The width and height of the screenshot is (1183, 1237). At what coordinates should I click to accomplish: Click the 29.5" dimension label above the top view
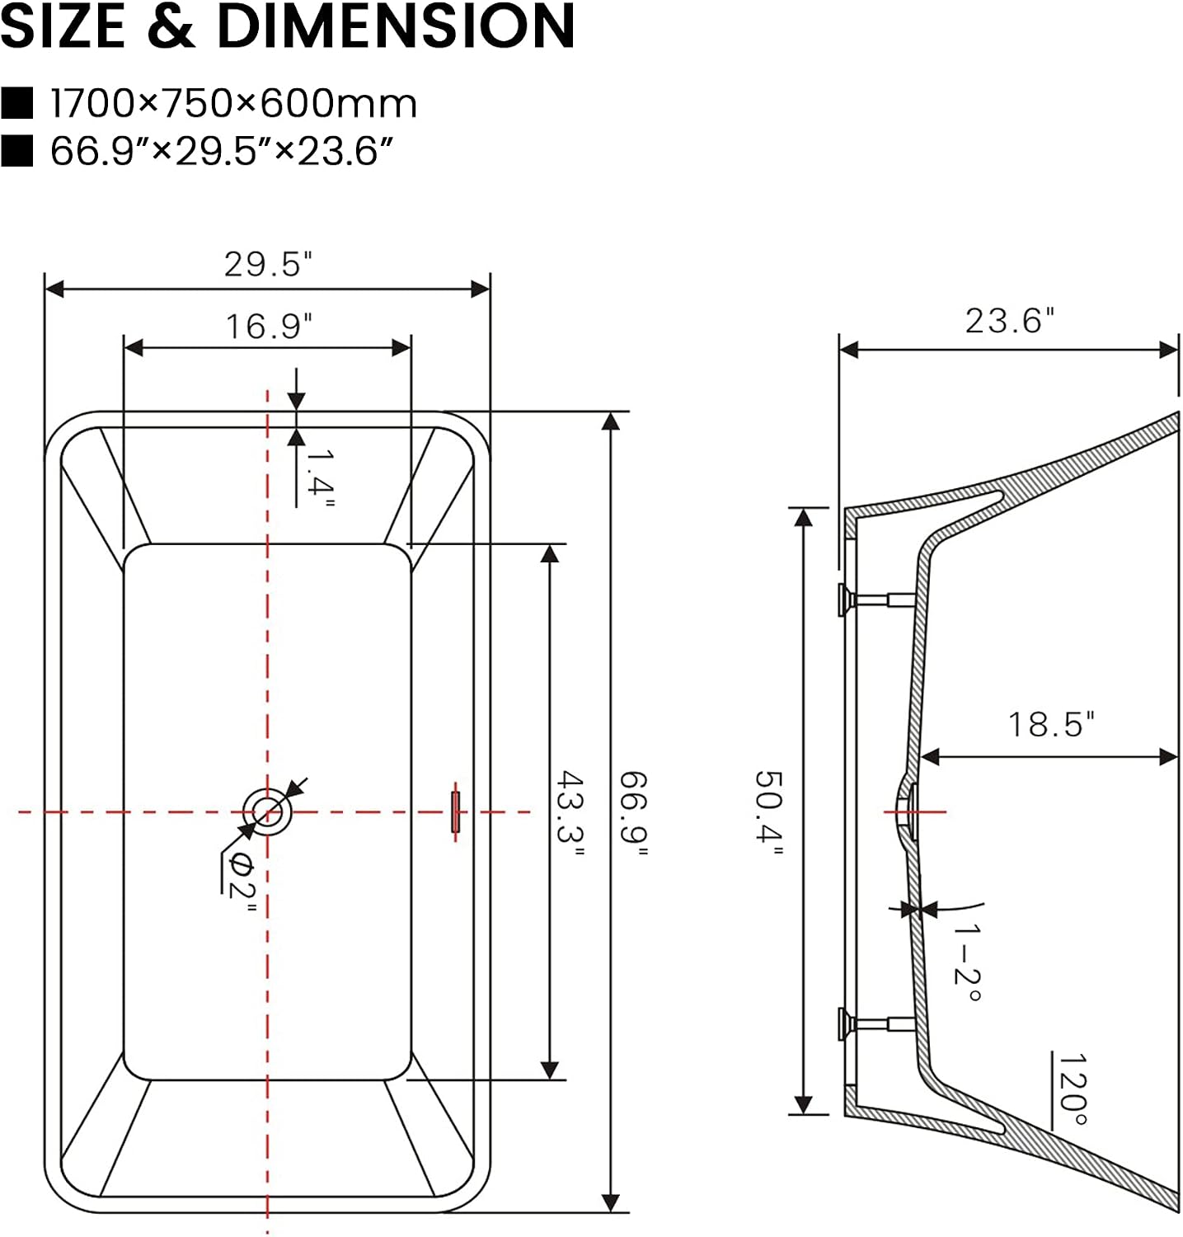[x=269, y=264]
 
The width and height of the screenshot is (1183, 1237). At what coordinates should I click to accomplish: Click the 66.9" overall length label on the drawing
[x=633, y=813]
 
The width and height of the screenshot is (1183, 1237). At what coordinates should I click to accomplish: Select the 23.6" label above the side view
[x=1010, y=321]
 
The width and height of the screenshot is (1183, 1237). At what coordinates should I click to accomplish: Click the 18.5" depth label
[x=1052, y=724]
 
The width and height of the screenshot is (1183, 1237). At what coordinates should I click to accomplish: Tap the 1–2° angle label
[x=968, y=962]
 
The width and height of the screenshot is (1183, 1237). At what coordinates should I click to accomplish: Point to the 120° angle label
[x=1073, y=1089]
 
